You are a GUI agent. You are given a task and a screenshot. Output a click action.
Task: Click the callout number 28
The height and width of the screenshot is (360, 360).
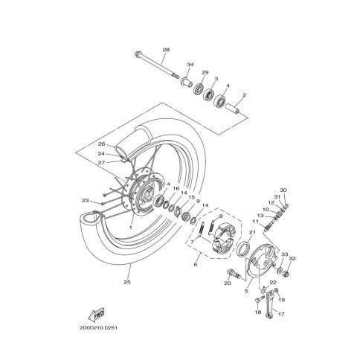click(x=166, y=50)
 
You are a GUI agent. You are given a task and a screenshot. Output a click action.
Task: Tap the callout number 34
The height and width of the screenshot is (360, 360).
click(x=190, y=65)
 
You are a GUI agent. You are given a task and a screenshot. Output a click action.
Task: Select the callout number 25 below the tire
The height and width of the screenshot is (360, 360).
click(x=127, y=282)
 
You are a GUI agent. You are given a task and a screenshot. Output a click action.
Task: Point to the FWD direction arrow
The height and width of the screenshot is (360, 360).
click(x=96, y=315)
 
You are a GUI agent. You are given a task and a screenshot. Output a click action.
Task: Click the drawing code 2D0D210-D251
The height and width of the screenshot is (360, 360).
click(x=98, y=328)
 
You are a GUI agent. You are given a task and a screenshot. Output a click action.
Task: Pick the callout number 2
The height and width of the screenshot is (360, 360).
click(x=245, y=95)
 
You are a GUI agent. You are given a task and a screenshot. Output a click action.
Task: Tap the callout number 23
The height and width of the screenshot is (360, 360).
click(x=85, y=201)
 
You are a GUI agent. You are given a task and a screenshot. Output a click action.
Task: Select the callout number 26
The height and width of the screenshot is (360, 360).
click(x=102, y=144)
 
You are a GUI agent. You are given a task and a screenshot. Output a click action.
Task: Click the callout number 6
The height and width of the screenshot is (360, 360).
click(x=196, y=265)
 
